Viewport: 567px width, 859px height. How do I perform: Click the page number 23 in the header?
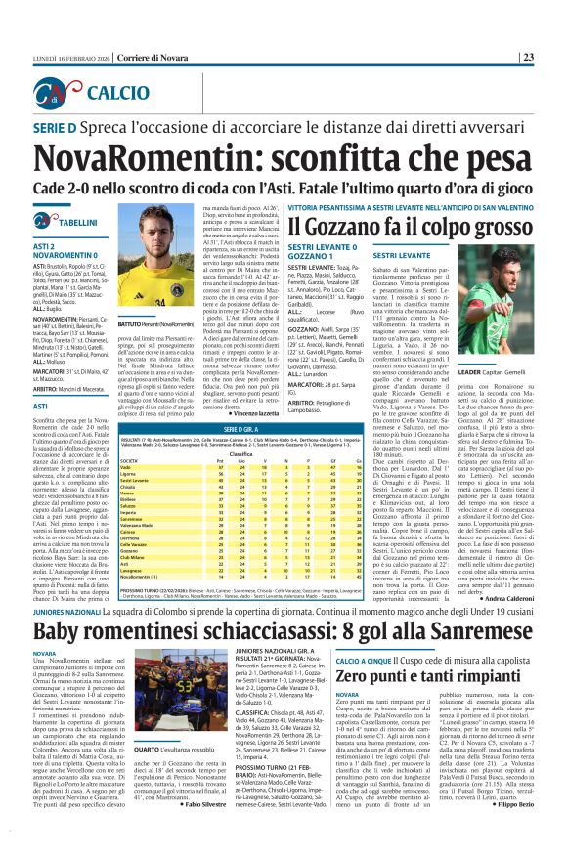click(553, 30)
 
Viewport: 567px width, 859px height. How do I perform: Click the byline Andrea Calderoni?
click(530, 598)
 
